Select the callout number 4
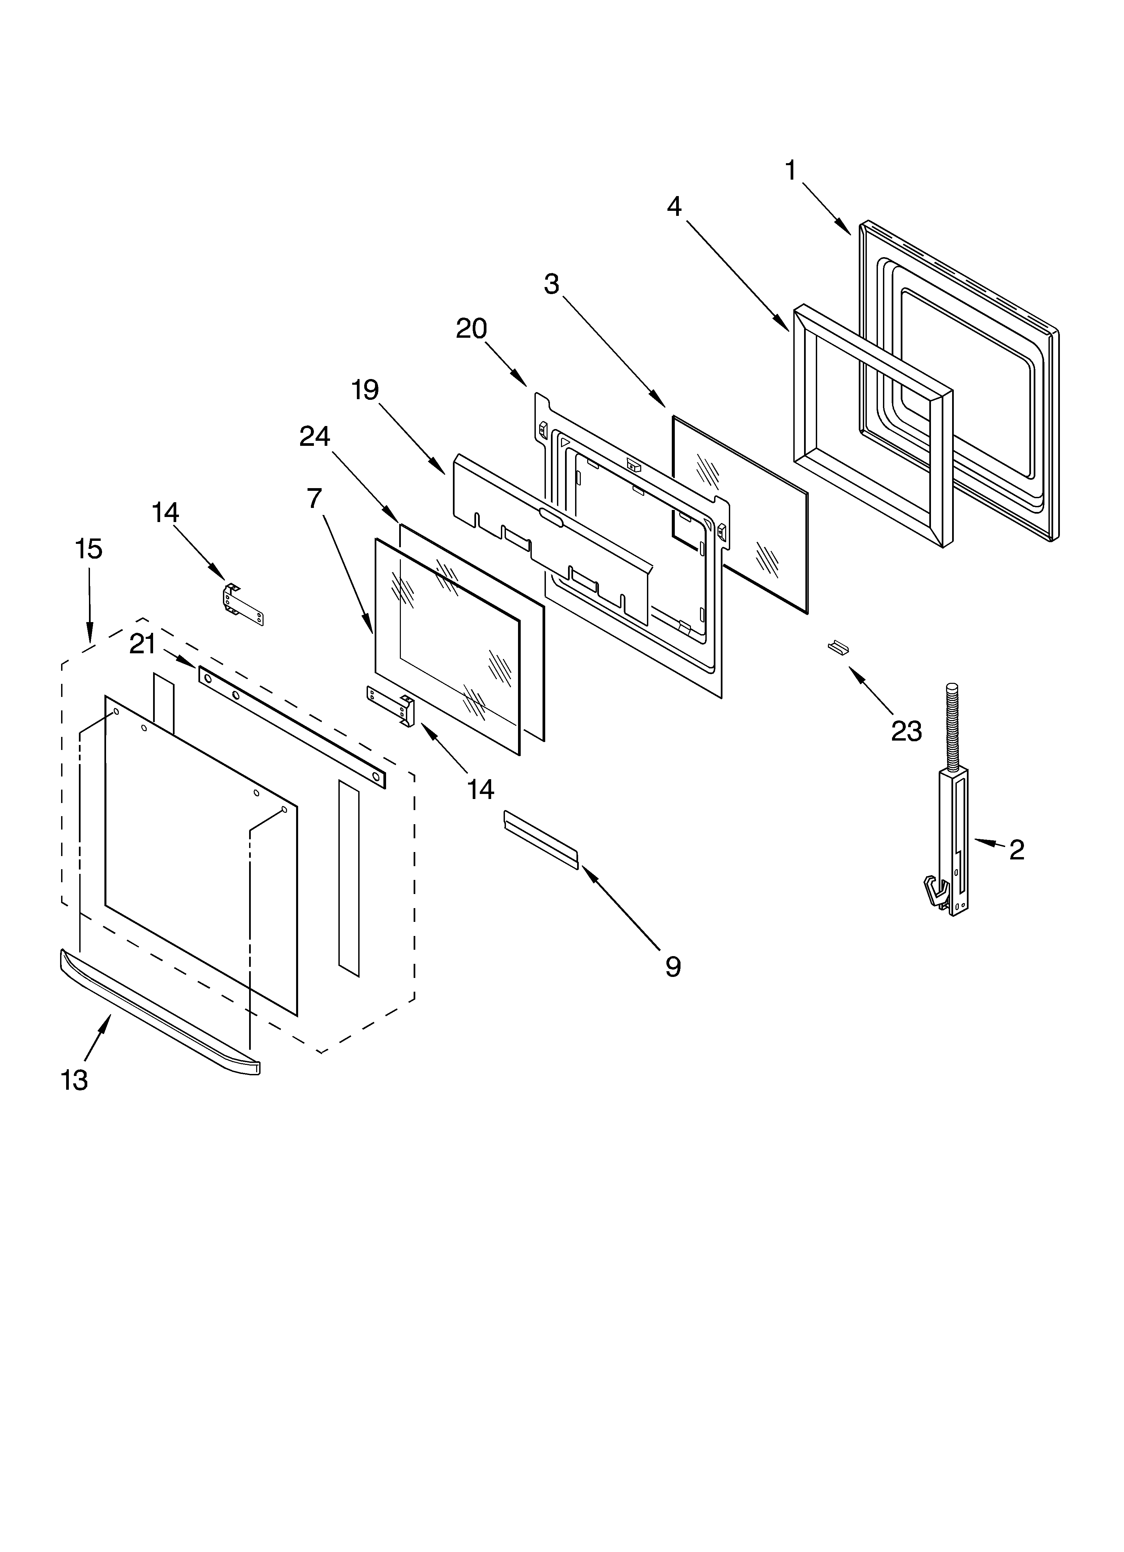pyautogui.click(x=674, y=206)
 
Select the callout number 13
pyautogui.click(x=74, y=1080)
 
